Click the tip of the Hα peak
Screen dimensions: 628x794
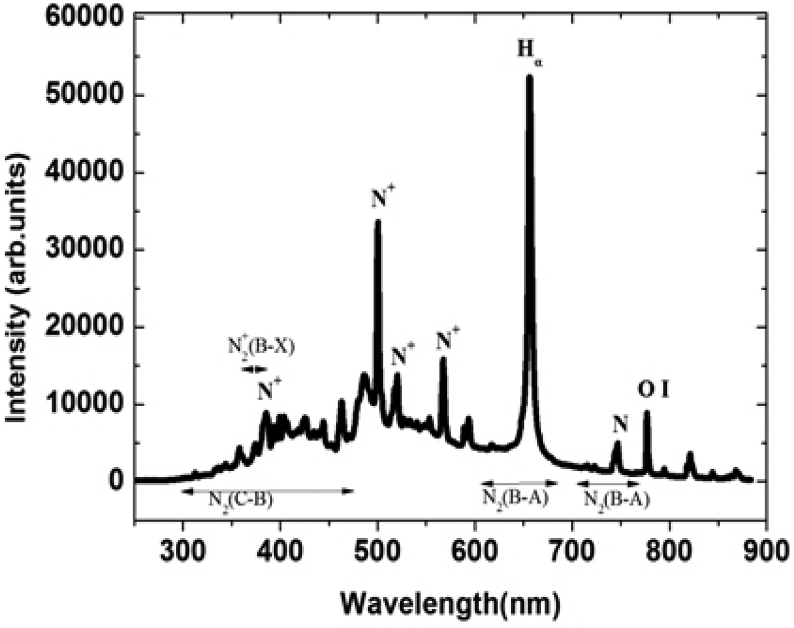(530, 76)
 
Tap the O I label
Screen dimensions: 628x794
(653, 390)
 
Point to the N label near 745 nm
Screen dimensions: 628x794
(620, 423)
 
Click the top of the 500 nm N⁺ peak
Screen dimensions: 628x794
(378, 221)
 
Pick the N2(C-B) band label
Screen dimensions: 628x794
(241, 500)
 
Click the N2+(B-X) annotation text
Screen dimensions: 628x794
(261, 346)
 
